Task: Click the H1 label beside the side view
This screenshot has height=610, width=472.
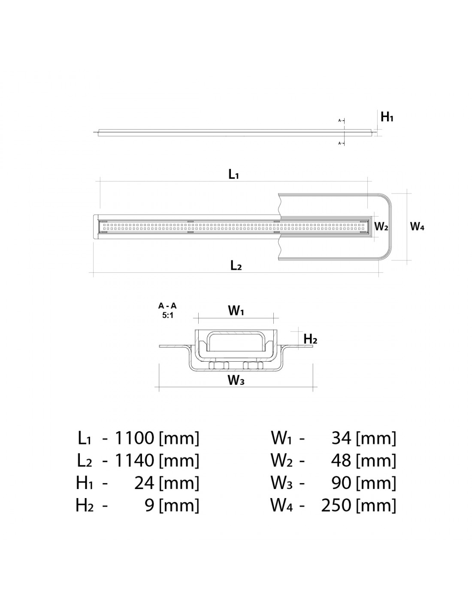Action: click(x=387, y=117)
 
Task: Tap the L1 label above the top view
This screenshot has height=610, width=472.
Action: click(x=233, y=174)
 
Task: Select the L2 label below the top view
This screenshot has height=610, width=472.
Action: click(x=236, y=266)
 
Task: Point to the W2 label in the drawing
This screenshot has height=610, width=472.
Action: click(x=381, y=226)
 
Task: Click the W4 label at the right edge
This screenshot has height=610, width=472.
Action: click(x=417, y=226)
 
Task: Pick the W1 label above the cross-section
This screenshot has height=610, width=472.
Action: click(x=236, y=311)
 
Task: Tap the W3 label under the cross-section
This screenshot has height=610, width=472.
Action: click(x=236, y=380)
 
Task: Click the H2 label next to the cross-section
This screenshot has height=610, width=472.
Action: click(x=310, y=339)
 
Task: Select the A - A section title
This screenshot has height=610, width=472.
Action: click(x=167, y=306)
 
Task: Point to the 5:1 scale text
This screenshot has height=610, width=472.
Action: click(x=167, y=314)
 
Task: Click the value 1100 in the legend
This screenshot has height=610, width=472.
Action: click(x=134, y=438)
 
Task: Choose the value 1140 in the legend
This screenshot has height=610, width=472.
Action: click(x=134, y=461)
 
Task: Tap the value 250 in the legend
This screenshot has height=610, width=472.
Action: click(x=336, y=505)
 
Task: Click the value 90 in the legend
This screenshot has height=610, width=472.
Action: click(x=342, y=483)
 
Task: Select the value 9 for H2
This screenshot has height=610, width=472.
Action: click(x=149, y=505)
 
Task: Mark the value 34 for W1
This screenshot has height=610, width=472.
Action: click(x=342, y=438)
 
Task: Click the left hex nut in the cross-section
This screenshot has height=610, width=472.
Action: click(x=218, y=365)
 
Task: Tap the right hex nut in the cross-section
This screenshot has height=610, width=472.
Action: click(x=253, y=365)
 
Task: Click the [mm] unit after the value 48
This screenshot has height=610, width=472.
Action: click(x=376, y=461)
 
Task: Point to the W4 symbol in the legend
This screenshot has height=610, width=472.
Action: click(x=281, y=505)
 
